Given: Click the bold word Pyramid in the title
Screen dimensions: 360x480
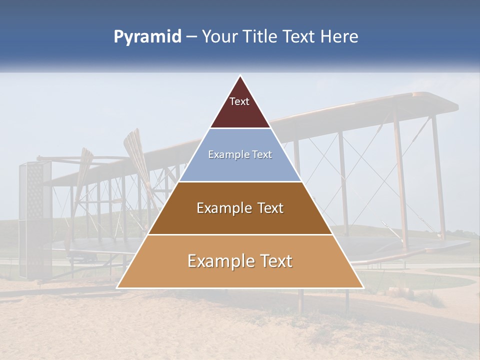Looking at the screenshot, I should [x=147, y=37].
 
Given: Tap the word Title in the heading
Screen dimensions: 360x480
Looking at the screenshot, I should [x=262, y=37].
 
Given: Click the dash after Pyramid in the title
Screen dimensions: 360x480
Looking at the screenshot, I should [x=191, y=37].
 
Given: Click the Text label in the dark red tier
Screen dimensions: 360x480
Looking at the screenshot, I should [x=239, y=101].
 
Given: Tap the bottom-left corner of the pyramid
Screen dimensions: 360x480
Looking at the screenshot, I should [x=117, y=287].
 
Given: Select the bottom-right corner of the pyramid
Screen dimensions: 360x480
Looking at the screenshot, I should [x=363, y=287].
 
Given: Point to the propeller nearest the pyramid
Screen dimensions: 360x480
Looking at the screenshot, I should [x=137, y=165].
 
